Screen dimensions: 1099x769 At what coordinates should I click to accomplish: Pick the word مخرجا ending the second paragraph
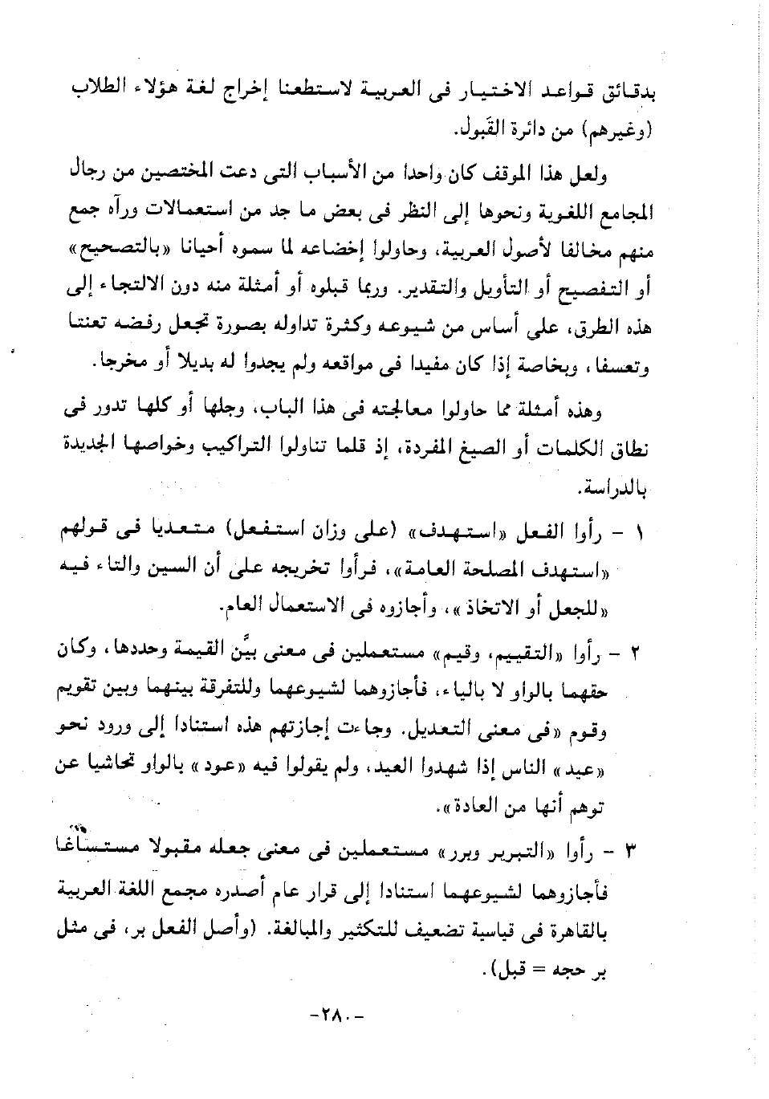tap(122, 365)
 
